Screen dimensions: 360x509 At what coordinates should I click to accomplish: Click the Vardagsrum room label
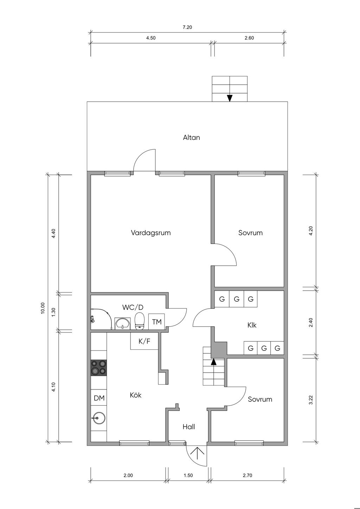click(150, 233)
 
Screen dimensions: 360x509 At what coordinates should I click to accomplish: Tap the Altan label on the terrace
click(191, 137)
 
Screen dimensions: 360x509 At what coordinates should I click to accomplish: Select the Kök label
click(135, 395)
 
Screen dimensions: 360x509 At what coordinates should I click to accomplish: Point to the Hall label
click(188, 427)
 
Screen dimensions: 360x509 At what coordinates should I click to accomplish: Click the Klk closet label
click(252, 325)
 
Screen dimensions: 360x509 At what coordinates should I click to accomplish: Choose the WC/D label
click(133, 307)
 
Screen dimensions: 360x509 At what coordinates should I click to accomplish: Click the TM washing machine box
click(156, 322)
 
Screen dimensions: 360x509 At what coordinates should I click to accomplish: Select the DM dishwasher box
click(99, 398)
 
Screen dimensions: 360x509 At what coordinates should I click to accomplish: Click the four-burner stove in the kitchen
click(99, 367)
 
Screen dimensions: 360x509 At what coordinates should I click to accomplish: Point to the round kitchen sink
click(99, 418)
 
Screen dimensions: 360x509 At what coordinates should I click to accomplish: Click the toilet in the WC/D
click(140, 321)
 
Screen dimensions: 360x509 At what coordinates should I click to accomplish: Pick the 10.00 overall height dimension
click(43, 308)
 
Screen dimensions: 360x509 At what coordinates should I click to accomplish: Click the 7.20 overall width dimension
click(187, 27)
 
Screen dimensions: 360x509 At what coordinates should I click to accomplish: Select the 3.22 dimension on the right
click(310, 400)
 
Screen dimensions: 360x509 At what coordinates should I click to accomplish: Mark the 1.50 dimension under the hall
click(188, 476)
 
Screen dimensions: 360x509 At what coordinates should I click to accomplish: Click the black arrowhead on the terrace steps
click(230, 98)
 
